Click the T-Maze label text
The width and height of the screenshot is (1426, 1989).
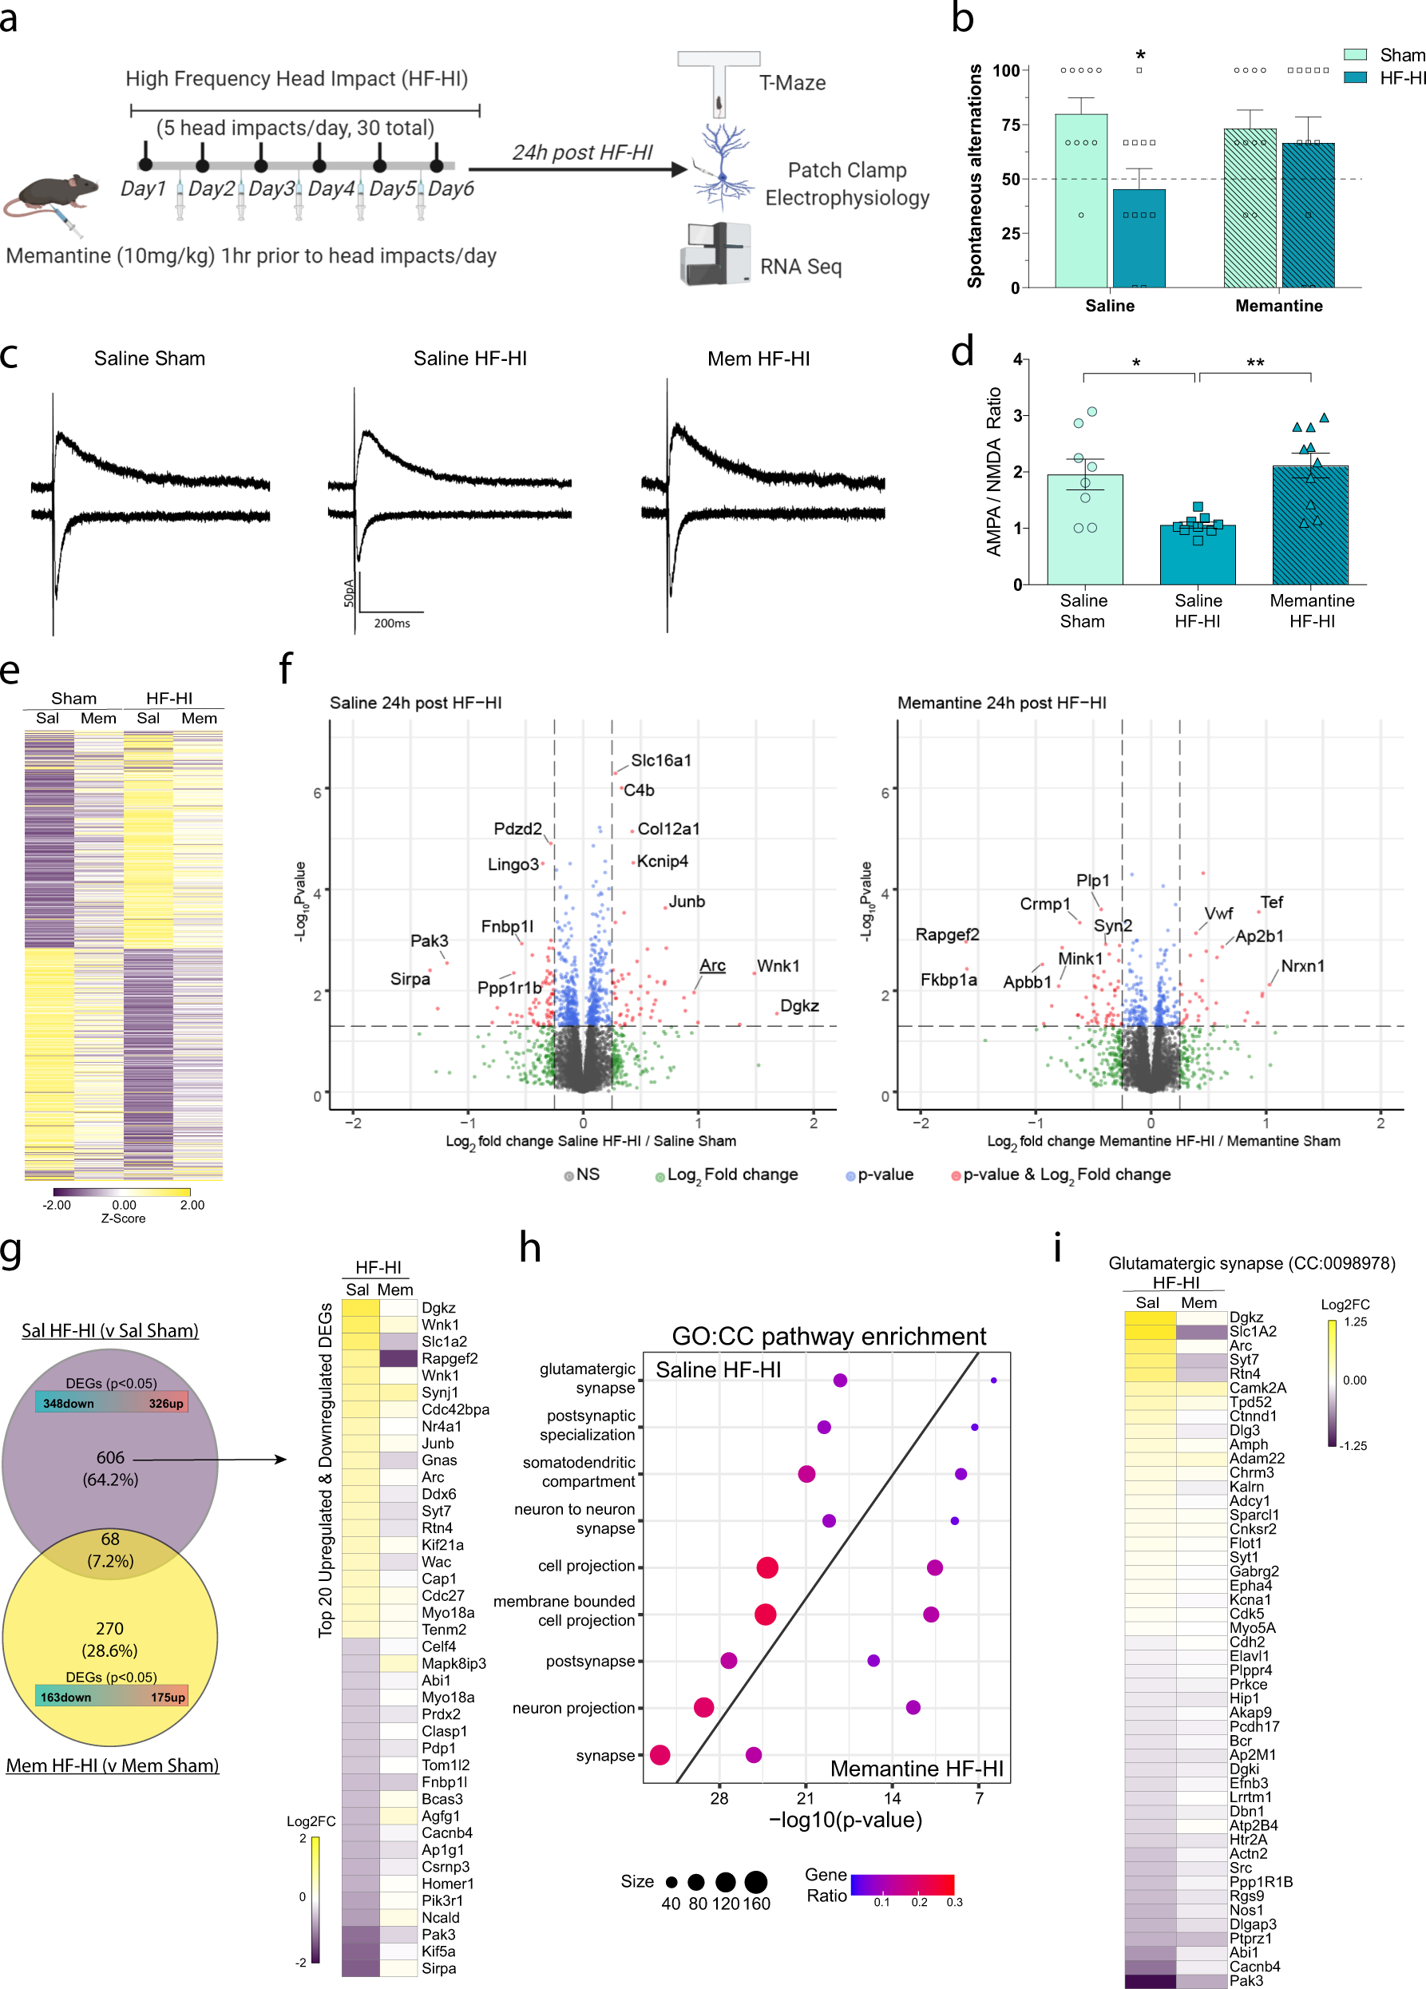tap(792, 83)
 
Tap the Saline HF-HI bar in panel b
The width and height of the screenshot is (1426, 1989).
tap(1139, 239)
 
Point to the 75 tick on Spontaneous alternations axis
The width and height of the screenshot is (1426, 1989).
tap(1008, 125)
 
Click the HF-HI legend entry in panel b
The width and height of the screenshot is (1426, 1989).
tap(1400, 78)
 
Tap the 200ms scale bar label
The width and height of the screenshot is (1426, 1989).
tap(392, 623)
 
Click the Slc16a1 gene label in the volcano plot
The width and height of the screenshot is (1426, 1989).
tap(660, 760)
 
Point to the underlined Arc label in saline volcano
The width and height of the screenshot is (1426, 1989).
tap(712, 965)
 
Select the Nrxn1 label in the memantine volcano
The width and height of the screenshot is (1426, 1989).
tap(1302, 965)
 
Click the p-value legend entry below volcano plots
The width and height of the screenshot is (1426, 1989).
tap(884, 1175)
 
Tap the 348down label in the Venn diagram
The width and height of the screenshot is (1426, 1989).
tap(69, 1403)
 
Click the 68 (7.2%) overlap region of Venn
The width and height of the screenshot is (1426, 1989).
tap(109, 1550)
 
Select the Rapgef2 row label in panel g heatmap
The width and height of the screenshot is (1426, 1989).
tap(449, 1358)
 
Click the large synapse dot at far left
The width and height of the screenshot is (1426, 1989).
tap(660, 1755)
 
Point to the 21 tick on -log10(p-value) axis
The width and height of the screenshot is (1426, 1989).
tap(805, 1799)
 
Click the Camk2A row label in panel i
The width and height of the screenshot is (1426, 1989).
tap(1257, 1388)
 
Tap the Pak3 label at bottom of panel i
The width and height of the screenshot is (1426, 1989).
tap(1246, 1980)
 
